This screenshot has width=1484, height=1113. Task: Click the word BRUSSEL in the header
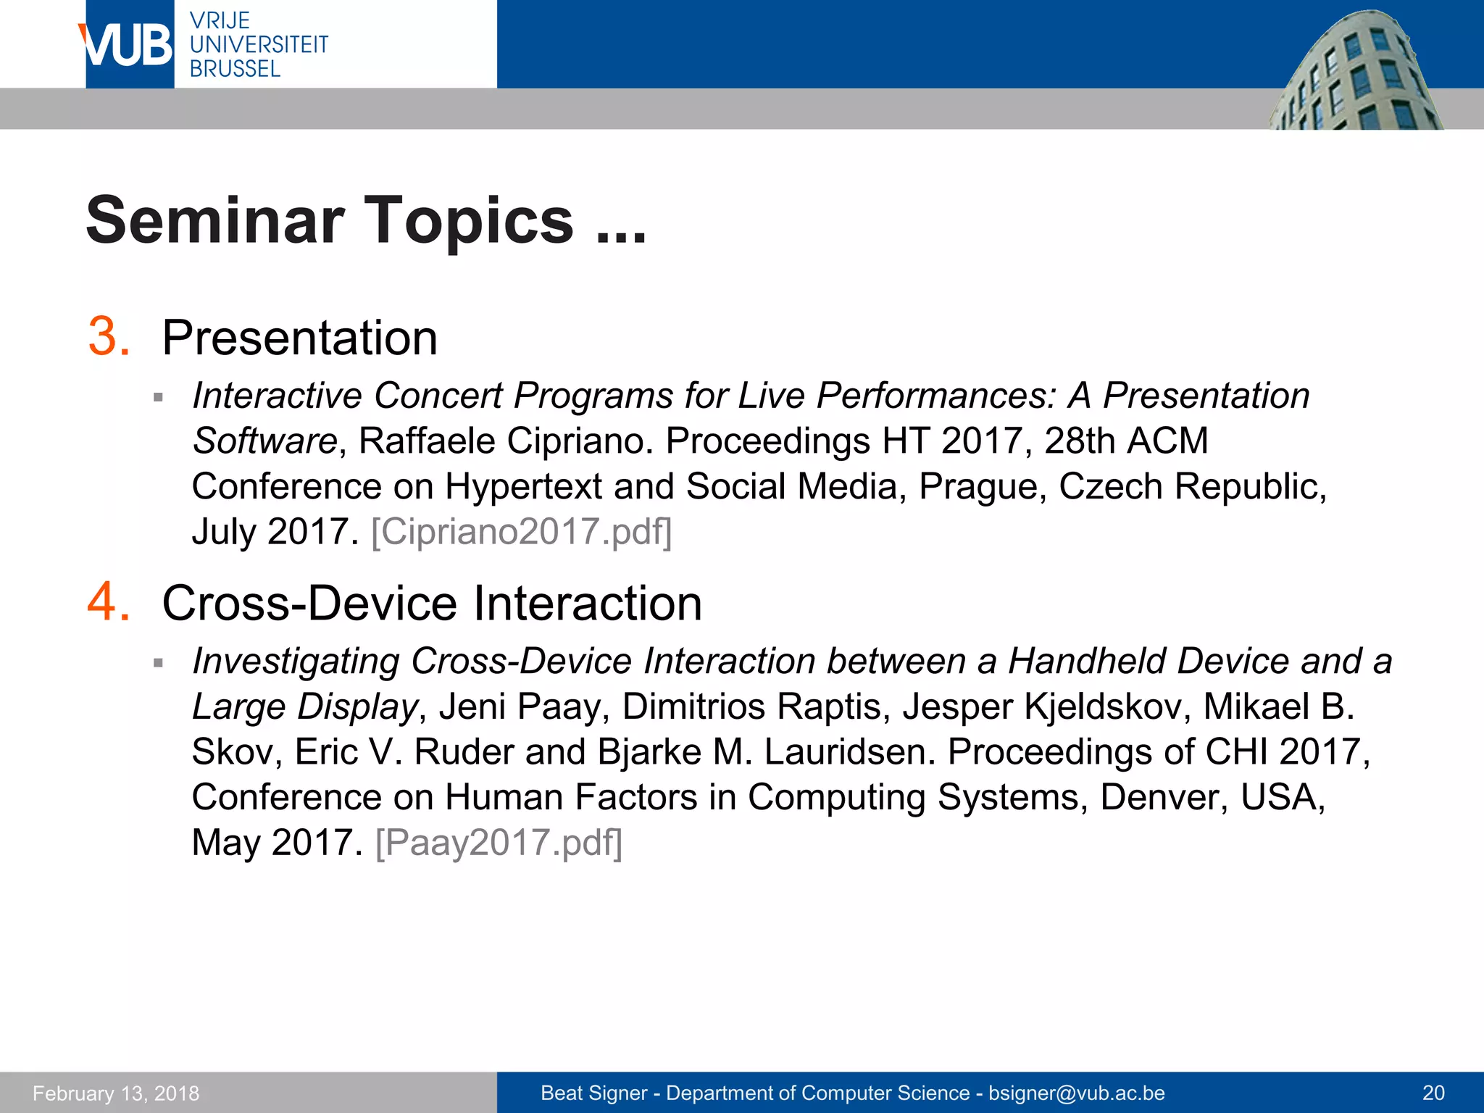point(235,69)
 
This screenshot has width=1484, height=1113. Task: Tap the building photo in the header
point(1355,72)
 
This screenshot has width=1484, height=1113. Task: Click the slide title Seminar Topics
point(365,220)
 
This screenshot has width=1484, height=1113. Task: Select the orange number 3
point(109,337)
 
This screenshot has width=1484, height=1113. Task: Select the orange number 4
point(109,602)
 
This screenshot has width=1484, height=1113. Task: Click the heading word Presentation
point(299,338)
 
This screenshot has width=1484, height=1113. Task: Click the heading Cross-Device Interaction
point(432,603)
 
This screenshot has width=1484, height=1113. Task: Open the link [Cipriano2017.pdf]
point(521,531)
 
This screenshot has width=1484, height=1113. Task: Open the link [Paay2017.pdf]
point(499,842)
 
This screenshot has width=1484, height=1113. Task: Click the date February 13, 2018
point(116,1093)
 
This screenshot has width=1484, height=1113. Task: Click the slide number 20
point(1433,1093)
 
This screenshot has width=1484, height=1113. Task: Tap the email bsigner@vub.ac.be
point(1076,1093)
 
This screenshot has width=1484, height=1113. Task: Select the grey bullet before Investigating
point(159,662)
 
